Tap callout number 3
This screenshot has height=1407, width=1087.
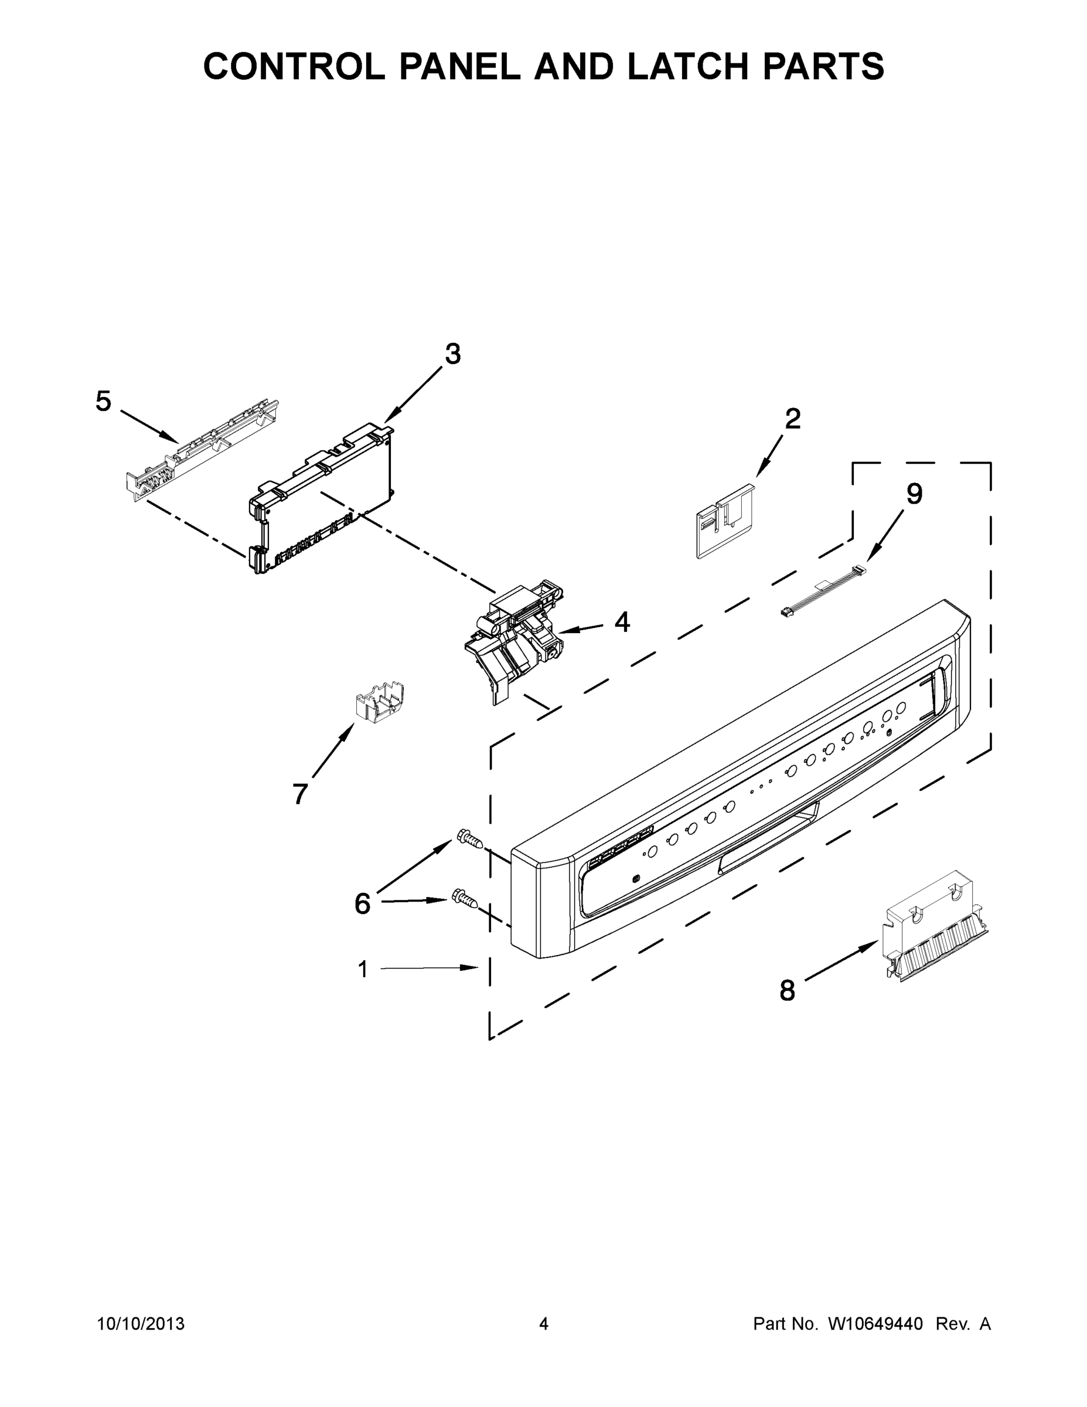tap(453, 354)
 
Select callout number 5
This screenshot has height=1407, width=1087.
tap(103, 402)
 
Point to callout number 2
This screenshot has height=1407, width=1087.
tap(793, 419)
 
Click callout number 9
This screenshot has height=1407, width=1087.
tap(914, 494)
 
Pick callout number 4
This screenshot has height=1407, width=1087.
tap(621, 623)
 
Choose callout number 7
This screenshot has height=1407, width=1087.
tap(300, 794)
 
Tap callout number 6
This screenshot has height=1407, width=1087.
tap(363, 904)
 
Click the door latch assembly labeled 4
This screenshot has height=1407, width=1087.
tap(515, 638)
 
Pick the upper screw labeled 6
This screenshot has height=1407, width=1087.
tap(469, 839)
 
